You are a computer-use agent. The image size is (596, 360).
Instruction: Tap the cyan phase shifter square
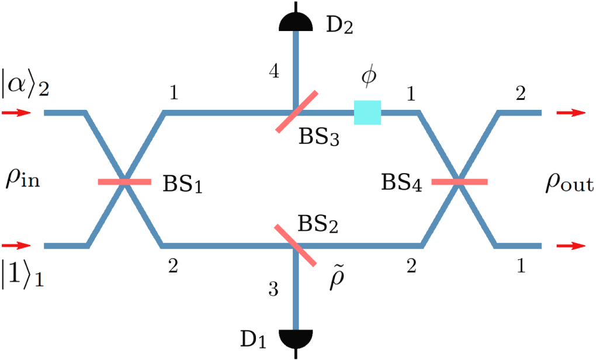click(x=368, y=113)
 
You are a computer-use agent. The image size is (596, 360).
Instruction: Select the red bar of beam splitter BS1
click(x=124, y=182)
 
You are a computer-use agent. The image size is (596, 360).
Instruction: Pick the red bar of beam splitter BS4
click(x=459, y=182)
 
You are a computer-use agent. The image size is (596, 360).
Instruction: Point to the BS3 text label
click(x=320, y=138)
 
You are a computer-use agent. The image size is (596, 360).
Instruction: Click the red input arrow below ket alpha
click(x=15, y=113)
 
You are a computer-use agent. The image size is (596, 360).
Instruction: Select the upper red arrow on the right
click(x=570, y=113)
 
